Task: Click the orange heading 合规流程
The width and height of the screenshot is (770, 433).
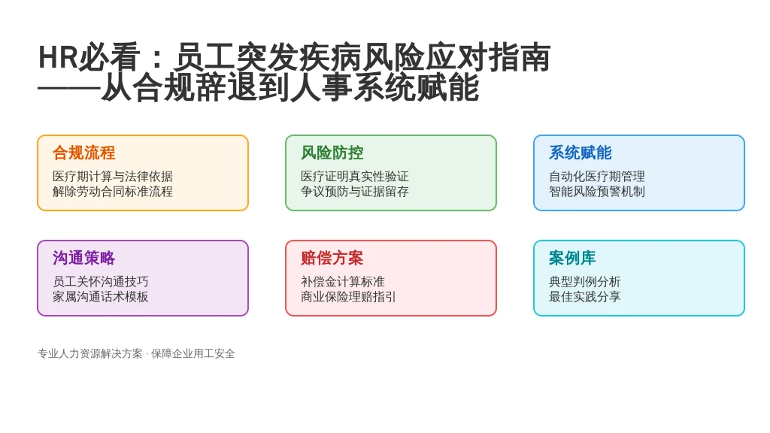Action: point(84,153)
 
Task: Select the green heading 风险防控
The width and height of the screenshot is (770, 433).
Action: point(332,153)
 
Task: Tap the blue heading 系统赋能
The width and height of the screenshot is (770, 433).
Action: point(580,153)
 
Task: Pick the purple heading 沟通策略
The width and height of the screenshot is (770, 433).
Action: point(84,258)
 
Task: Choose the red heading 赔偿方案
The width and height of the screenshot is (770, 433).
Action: point(332,258)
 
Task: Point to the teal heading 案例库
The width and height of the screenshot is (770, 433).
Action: point(572,258)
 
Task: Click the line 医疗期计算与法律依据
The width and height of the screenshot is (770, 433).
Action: point(113,176)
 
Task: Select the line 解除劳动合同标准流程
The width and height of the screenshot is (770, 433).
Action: point(113,192)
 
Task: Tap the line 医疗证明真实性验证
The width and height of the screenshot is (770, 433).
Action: point(355,176)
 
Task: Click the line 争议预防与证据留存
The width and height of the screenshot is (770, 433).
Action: point(355,192)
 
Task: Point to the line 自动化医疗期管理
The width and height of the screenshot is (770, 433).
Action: point(596,176)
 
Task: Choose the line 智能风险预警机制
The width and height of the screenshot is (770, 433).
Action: point(596,192)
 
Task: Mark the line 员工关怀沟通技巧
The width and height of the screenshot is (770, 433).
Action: point(100,281)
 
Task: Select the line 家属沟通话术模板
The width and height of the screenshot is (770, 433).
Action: point(100,296)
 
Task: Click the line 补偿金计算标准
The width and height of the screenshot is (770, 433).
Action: point(343,281)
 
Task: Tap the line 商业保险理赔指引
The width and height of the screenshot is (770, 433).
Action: point(348,296)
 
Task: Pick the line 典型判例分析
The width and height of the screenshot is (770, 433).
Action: point(584,281)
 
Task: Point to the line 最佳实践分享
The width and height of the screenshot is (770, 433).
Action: point(584,296)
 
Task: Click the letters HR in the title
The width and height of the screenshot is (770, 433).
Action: point(58,57)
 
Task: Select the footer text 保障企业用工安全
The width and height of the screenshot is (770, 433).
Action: point(193,353)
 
